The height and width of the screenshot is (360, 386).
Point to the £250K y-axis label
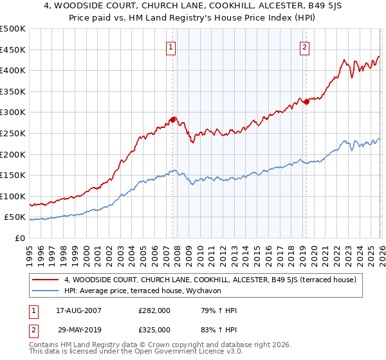coord(13,133)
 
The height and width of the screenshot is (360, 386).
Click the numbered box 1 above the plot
coord(172,46)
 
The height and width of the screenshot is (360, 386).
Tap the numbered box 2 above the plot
coord(304,46)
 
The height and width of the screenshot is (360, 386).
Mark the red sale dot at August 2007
coord(172,120)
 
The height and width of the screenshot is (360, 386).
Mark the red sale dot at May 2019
coord(306,102)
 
